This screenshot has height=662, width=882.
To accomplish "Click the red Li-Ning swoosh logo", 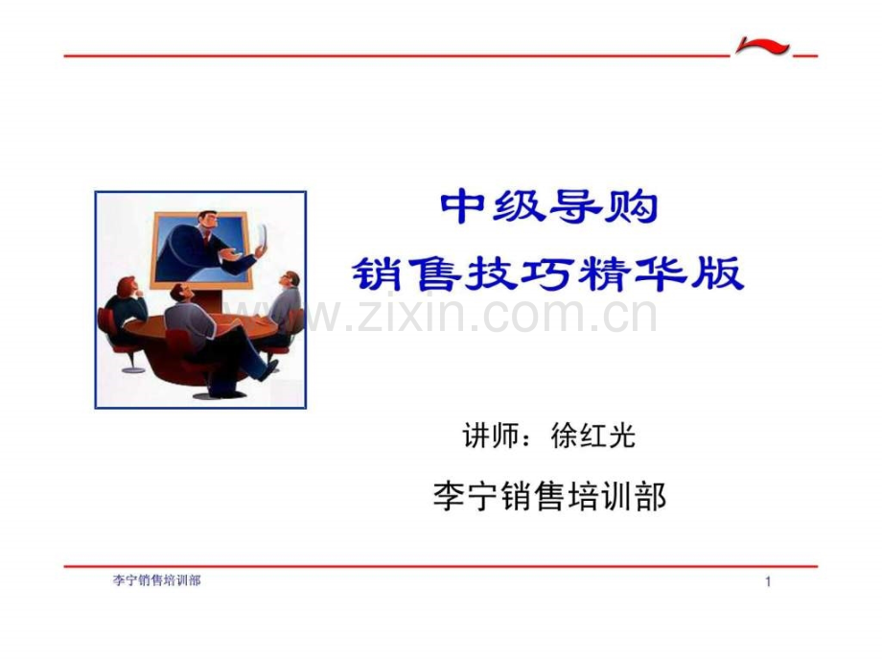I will pyautogui.click(x=763, y=47).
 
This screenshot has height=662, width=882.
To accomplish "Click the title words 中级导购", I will pyautogui.click(x=548, y=207).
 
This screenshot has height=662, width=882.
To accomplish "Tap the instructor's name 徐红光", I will pyautogui.click(x=594, y=437).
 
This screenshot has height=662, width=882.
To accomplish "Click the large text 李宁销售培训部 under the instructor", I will pyautogui.click(x=549, y=497).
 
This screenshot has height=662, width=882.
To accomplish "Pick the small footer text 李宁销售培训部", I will pyautogui.click(x=157, y=581).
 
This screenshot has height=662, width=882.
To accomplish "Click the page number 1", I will pyautogui.click(x=768, y=582).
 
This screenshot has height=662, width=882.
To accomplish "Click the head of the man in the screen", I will pyautogui.click(x=208, y=222).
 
